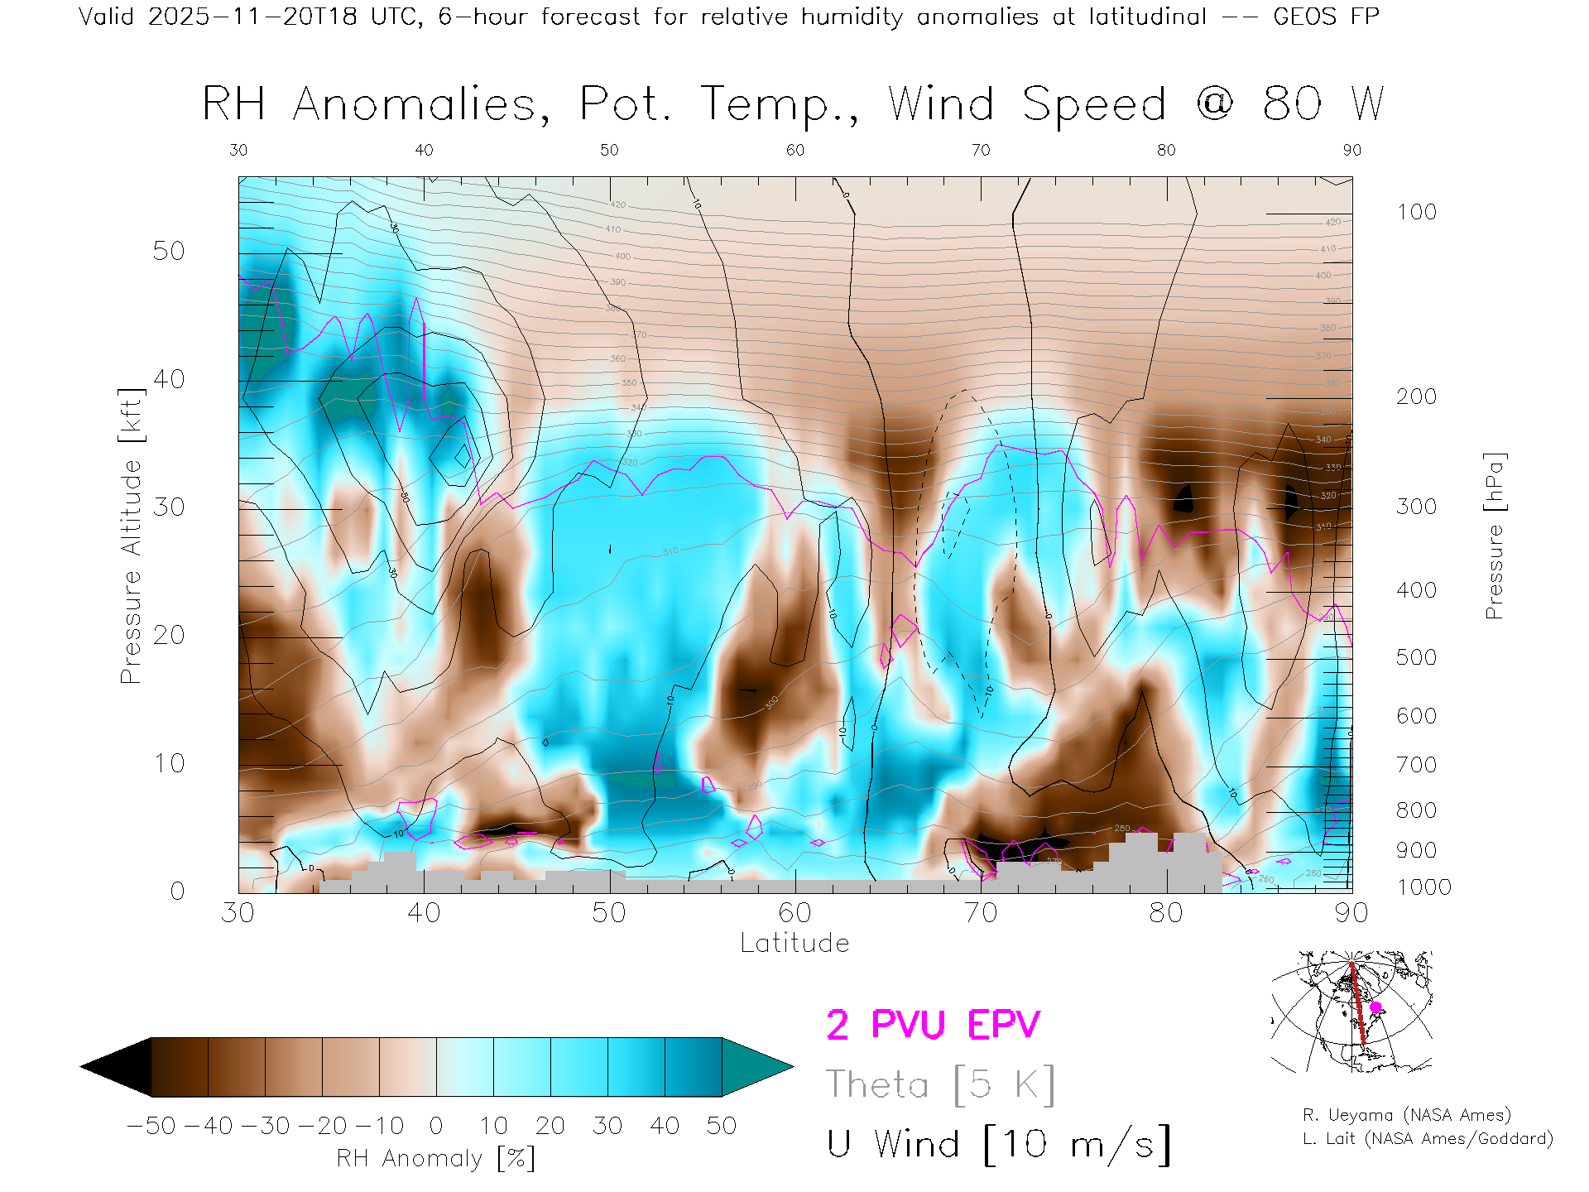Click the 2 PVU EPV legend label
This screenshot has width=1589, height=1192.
coord(933,1025)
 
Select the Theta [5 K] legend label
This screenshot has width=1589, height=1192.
coord(940,1084)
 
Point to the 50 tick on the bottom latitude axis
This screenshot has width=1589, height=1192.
coord(609,913)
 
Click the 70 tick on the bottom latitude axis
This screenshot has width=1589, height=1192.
coord(981,913)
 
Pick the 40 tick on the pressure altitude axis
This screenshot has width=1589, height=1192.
coord(169,380)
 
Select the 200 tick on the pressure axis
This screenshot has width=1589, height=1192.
coord(1416,397)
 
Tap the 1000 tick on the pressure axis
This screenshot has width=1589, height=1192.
coord(1423,887)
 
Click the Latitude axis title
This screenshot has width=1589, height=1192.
coord(794,944)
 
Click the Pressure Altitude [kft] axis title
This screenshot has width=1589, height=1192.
coord(131,536)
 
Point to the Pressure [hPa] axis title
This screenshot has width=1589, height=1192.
coord(1495,536)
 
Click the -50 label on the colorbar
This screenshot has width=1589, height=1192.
coord(151,1126)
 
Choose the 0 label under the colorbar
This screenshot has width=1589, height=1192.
coord(436,1126)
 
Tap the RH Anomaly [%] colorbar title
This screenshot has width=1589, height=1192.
coord(436,1158)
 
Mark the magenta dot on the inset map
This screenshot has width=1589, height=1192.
coord(1375,1007)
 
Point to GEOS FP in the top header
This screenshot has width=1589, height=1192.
coord(1326,17)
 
